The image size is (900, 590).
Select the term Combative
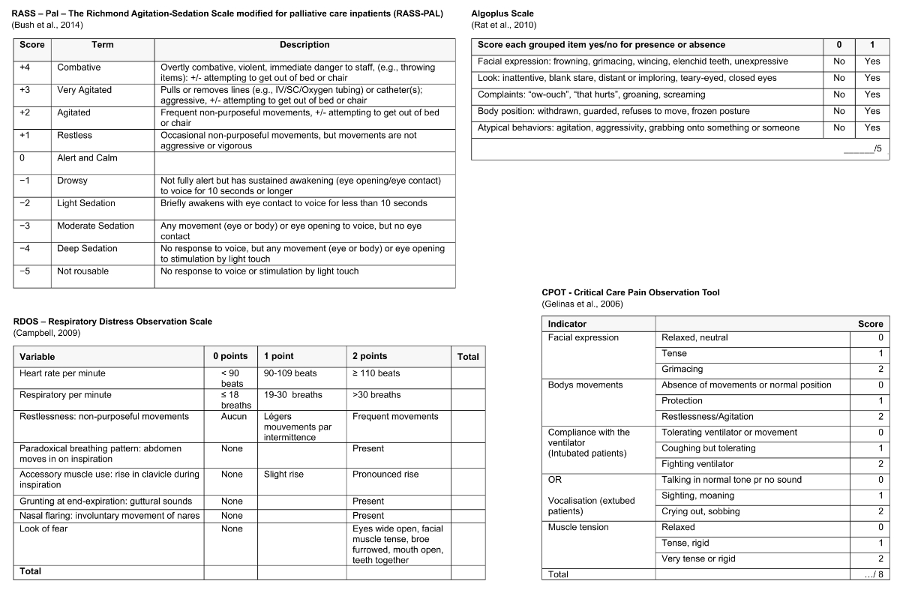[79, 67]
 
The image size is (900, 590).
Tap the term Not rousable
[82, 271]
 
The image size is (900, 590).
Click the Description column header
[304, 45]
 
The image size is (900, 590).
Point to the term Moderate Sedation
[95, 226]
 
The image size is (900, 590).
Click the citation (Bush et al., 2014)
[47, 25]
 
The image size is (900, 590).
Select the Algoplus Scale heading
[502, 13]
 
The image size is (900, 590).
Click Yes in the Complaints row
[871, 94]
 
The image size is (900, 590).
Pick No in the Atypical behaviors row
[838, 127]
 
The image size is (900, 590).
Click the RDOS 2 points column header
[370, 356]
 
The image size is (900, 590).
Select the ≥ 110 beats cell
[376, 373]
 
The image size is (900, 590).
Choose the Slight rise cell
[283, 474]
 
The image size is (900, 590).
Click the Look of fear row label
[46, 529]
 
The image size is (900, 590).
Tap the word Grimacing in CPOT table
[683, 369]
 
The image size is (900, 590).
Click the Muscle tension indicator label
[578, 527]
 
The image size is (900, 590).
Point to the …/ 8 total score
[873, 574]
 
